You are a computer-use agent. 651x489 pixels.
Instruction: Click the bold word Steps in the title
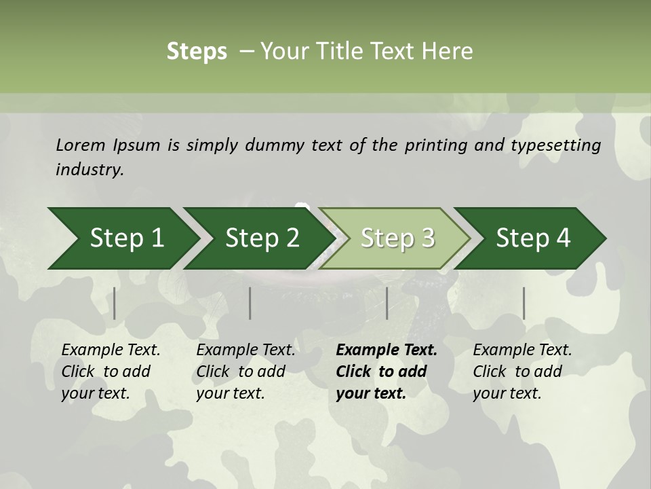[x=197, y=52]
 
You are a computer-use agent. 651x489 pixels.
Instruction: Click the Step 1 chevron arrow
[x=122, y=238]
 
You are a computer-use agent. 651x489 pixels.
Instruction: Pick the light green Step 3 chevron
[x=396, y=238]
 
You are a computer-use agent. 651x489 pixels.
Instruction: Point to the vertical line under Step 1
[x=115, y=303]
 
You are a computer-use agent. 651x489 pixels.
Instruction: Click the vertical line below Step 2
[x=250, y=303]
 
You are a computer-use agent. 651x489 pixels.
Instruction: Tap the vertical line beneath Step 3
[x=387, y=303]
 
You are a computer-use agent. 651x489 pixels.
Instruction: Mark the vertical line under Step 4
[x=524, y=303]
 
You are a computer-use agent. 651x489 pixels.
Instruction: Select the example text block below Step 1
[x=111, y=372]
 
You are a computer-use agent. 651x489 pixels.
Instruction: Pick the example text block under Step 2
[x=245, y=372]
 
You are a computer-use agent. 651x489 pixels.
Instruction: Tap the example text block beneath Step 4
[x=522, y=372]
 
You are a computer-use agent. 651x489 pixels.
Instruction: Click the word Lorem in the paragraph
[x=80, y=145]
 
